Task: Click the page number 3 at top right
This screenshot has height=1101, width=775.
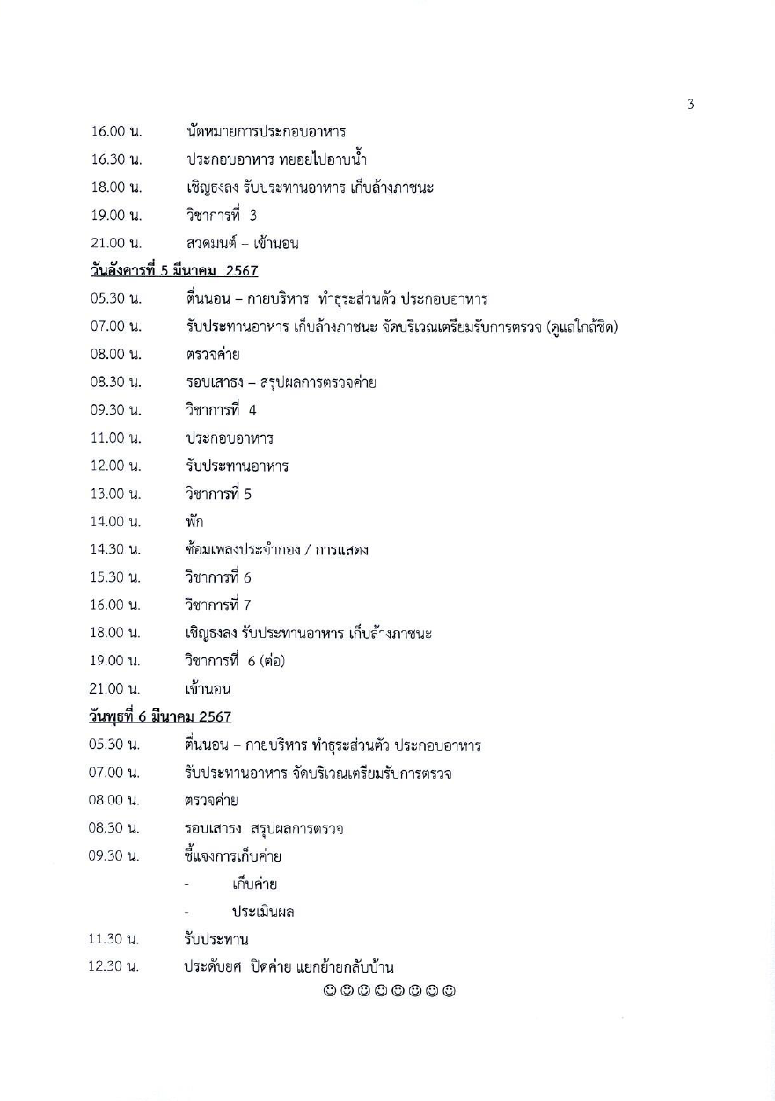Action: coord(691,105)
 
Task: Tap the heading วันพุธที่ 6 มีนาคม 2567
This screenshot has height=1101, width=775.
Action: coord(161,717)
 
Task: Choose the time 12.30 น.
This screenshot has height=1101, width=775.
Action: coord(114,968)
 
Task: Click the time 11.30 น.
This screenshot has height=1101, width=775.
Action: coord(114,940)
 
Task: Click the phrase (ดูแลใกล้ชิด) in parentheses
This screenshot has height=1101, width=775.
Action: coord(581,327)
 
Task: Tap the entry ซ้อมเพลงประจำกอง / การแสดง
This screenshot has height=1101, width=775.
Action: coord(276,550)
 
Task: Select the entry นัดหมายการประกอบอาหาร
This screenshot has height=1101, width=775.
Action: coord(266,132)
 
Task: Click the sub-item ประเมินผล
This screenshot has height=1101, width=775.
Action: coord(262,912)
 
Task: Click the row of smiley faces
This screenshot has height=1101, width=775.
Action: coord(388,992)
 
